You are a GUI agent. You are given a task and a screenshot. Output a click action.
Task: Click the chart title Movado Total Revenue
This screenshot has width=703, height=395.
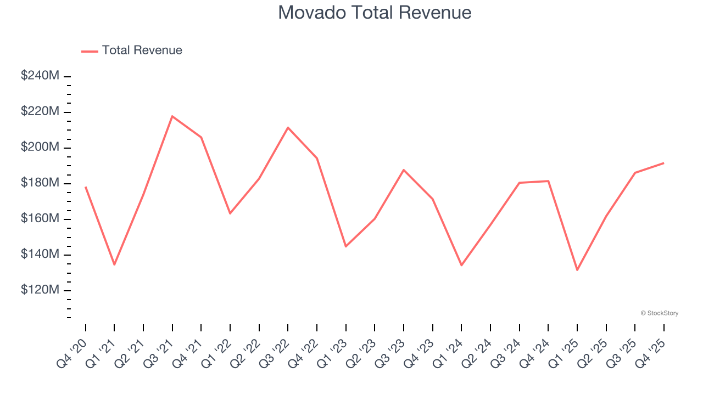(375, 13)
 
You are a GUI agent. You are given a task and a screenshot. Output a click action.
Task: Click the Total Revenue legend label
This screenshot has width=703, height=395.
(142, 50)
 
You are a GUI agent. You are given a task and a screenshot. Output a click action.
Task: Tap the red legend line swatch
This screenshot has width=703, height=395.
(90, 51)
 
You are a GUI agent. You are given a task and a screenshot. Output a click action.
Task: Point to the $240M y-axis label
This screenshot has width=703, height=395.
(40, 76)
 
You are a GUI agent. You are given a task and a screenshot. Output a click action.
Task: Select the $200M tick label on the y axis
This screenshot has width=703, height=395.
(40, 147)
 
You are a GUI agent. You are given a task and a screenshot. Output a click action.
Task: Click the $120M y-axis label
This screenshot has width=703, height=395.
(40, 290)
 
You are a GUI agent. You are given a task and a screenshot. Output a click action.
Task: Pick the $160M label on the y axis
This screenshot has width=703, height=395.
(40, 218)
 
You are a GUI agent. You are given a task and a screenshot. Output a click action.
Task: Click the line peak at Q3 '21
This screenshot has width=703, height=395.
(172, 116)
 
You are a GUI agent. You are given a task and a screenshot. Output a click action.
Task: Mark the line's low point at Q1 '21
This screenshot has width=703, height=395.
(114, 265)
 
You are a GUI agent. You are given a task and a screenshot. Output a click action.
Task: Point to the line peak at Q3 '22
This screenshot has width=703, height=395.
(288, 127)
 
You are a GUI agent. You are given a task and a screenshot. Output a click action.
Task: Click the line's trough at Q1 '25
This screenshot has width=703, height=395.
(577, 270)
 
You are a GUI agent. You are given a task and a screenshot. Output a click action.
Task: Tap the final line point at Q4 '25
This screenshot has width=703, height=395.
(663, 163)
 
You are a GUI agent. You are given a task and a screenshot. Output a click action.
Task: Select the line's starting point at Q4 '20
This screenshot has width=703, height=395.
(86, 187)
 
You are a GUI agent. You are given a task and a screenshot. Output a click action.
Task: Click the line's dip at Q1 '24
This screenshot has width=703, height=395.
(461, 266)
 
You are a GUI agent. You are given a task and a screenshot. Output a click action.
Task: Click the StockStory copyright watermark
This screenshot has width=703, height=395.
(659, 313)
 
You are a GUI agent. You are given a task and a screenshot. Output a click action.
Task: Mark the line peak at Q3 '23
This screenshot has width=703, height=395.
(404, 170)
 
